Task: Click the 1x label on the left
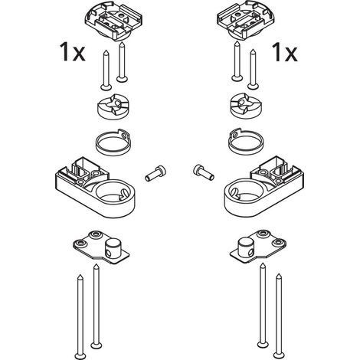72,52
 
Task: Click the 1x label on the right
285,52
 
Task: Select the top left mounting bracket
113,21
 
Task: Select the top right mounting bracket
246,21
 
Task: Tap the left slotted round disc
113,106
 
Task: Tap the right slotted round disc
246,106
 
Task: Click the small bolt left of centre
155,173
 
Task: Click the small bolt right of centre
204,172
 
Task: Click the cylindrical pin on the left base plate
112,248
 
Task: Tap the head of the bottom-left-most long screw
80,355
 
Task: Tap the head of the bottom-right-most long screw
279,355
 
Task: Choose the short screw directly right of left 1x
106,70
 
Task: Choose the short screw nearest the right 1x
253,70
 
